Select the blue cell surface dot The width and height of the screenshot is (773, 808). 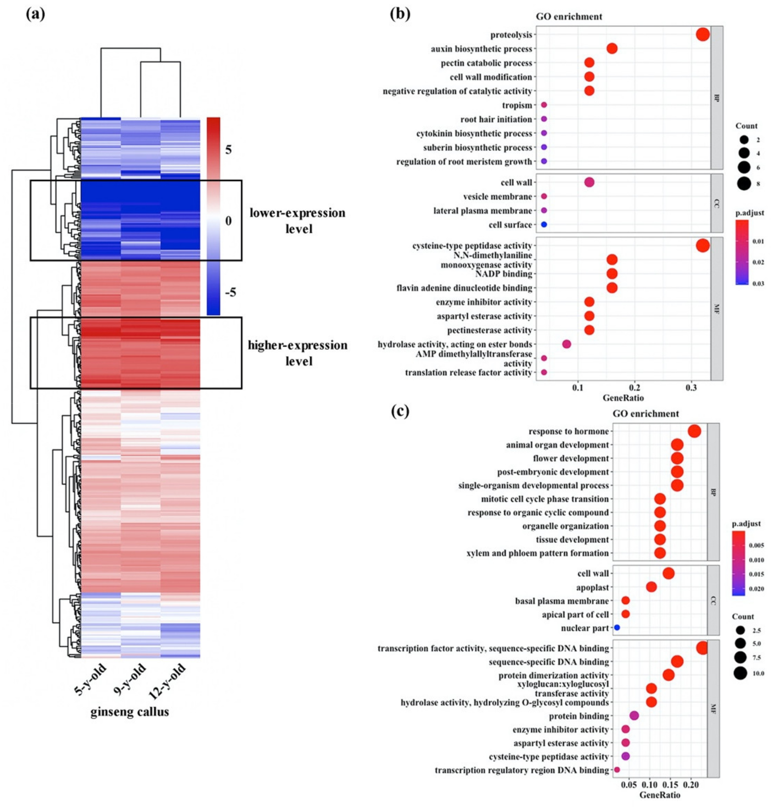(544, 225)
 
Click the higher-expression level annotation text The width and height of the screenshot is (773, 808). (298, 353)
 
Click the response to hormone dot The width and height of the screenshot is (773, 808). (694, 431)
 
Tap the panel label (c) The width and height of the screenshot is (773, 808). (400, 411)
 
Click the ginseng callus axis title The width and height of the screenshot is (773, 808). (129, 712)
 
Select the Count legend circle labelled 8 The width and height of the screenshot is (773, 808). (744, 184)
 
